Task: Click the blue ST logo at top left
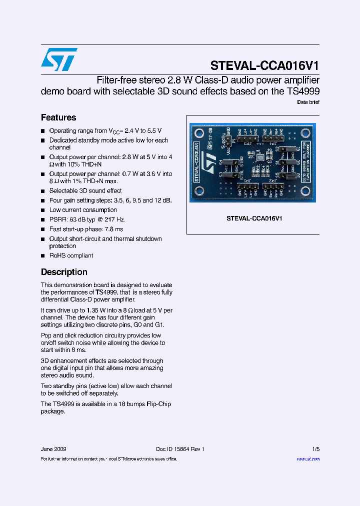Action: (x=59, y=59)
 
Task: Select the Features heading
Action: (x=58, y=117)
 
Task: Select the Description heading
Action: (x=64, y=272)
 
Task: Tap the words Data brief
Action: (x=308, y=102)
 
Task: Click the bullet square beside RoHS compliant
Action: (x=43, y=256)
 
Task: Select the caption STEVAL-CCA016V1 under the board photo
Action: (x=254, y=218)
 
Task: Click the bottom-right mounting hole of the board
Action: (x=307, y=193)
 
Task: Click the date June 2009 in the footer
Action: (x=53, y=449)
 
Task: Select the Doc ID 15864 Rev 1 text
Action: (x=177, y=449)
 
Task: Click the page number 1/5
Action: (x=315, y=449)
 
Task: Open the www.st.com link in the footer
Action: (x=308, y=458)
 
